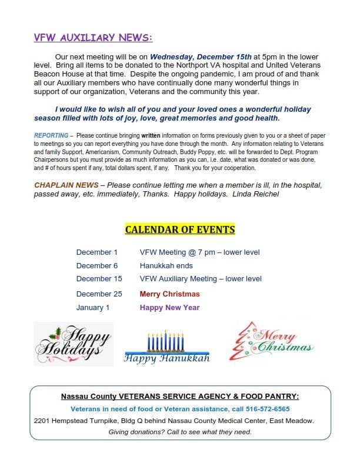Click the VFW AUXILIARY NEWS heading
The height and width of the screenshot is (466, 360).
tap(93, 38)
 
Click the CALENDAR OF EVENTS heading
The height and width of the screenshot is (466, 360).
tap(180, 229)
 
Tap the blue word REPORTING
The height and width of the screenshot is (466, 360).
tap(51, 135)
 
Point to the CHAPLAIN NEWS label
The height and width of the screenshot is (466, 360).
tap(66, 185)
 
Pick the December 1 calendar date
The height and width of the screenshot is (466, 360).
tap(97, 252)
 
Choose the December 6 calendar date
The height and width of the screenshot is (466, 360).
tap(97, 265)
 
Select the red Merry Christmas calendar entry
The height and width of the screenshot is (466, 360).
tap(169, 294)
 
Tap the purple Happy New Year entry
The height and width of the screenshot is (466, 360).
tap(169, 307)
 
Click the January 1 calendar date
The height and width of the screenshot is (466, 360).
tap(93, 307)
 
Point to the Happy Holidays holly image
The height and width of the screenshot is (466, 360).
tap(73, 344)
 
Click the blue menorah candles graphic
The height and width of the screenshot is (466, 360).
tap(166, 341)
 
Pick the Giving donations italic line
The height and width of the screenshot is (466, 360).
tap(180, 432)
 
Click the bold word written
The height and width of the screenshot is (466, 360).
tap(151, 135)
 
